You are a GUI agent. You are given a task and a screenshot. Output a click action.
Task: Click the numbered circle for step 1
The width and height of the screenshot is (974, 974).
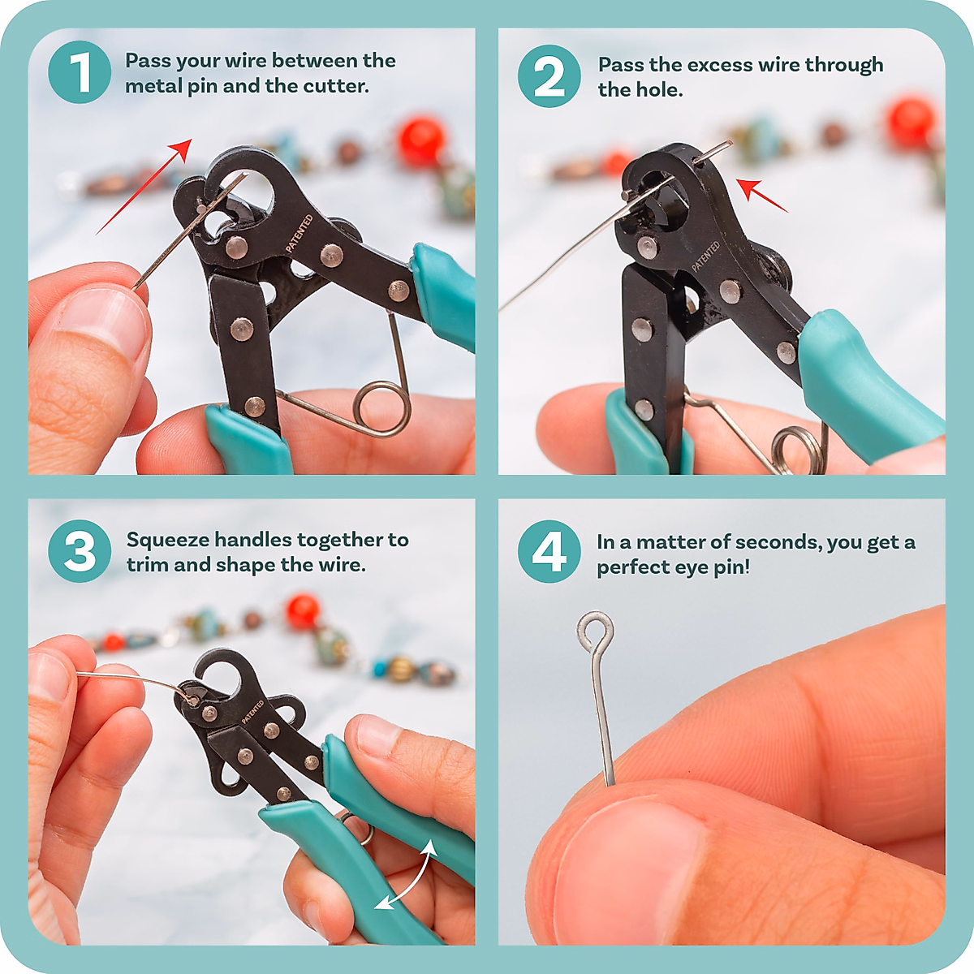[80, 72]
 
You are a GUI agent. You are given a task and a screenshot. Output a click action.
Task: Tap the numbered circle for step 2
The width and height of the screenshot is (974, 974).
[549, 76]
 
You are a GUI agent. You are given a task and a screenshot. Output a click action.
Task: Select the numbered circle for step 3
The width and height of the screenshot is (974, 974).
[80, 551]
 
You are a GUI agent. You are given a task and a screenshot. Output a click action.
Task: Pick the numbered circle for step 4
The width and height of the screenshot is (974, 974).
[549, 551]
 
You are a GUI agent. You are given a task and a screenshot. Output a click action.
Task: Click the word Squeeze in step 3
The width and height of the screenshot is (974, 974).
[168, 541]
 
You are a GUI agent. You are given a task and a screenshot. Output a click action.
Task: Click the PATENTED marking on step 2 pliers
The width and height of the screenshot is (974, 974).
[705, 256]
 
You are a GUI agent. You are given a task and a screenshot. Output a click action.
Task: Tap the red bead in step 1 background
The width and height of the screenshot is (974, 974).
[421, 140]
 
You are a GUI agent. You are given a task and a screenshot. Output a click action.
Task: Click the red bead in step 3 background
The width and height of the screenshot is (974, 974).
[302, 611]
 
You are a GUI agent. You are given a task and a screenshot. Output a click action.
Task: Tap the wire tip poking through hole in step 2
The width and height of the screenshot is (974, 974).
[718, 148]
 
